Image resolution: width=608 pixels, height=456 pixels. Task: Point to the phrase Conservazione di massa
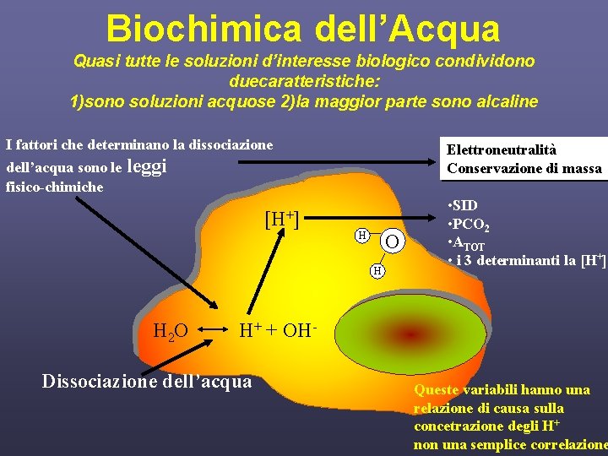(x=524, y=168)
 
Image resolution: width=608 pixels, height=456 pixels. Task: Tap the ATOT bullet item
(x=468, y=244)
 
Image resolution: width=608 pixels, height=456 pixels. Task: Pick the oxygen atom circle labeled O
(x=392, y=243)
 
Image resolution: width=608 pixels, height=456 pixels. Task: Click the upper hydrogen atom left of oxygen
(x=361, y=234)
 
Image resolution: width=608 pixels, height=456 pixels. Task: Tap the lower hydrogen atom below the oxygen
(x=378, y=270)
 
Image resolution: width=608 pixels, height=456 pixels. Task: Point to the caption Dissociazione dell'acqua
(x=147, y=382)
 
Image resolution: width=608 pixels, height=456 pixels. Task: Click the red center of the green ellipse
(x=411, y=334)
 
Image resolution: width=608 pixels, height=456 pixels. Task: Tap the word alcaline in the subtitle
(x=504, y=101)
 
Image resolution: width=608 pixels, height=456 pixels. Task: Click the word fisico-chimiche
(x=54, y=187)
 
